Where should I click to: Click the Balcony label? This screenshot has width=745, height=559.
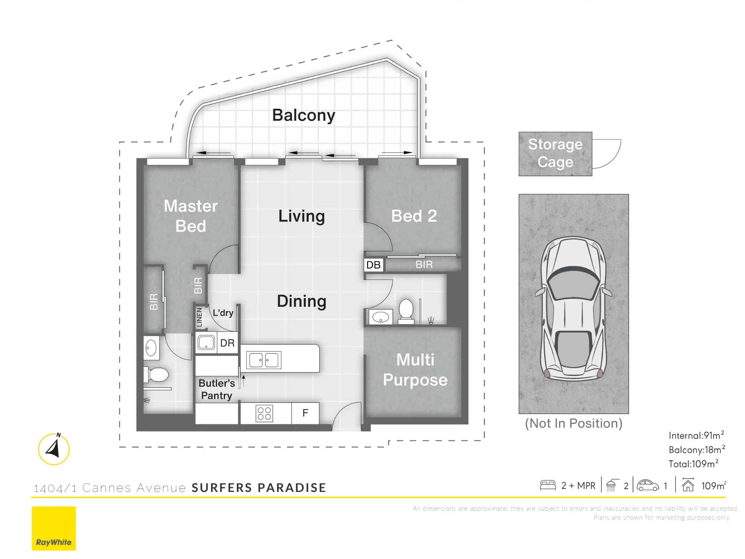pos(304,116)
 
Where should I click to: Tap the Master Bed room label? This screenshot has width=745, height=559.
pos(191,216)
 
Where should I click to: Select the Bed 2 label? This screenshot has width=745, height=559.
pos(414,216)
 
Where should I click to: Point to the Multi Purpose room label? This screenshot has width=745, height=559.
pos(415,370)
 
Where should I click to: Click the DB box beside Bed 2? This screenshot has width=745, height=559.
pos(373,265)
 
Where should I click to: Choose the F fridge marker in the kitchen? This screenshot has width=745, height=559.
pos(305,413)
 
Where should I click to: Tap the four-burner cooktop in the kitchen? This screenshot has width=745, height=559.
pos(264,413)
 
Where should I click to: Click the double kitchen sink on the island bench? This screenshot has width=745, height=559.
pos(264,360)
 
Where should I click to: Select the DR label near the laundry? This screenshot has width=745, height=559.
pos(227,343)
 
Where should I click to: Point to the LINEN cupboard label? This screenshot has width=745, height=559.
pos(199,317)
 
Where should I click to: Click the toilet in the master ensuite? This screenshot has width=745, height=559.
pos(156,375)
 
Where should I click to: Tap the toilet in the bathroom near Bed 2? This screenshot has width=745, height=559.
pos(406,311)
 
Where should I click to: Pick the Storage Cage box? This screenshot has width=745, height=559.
pos(555,154)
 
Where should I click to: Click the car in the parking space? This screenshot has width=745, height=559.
pos(574,309)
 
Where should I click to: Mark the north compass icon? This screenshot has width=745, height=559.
pos(54,449)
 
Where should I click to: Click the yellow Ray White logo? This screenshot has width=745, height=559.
pos(54,528)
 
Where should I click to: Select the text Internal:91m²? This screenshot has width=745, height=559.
pos(696,435)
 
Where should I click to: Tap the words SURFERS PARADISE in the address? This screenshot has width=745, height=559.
pos(259,488)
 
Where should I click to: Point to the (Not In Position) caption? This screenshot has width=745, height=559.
pos(574,423)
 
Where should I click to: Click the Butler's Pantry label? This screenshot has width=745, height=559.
pos(217,389)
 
